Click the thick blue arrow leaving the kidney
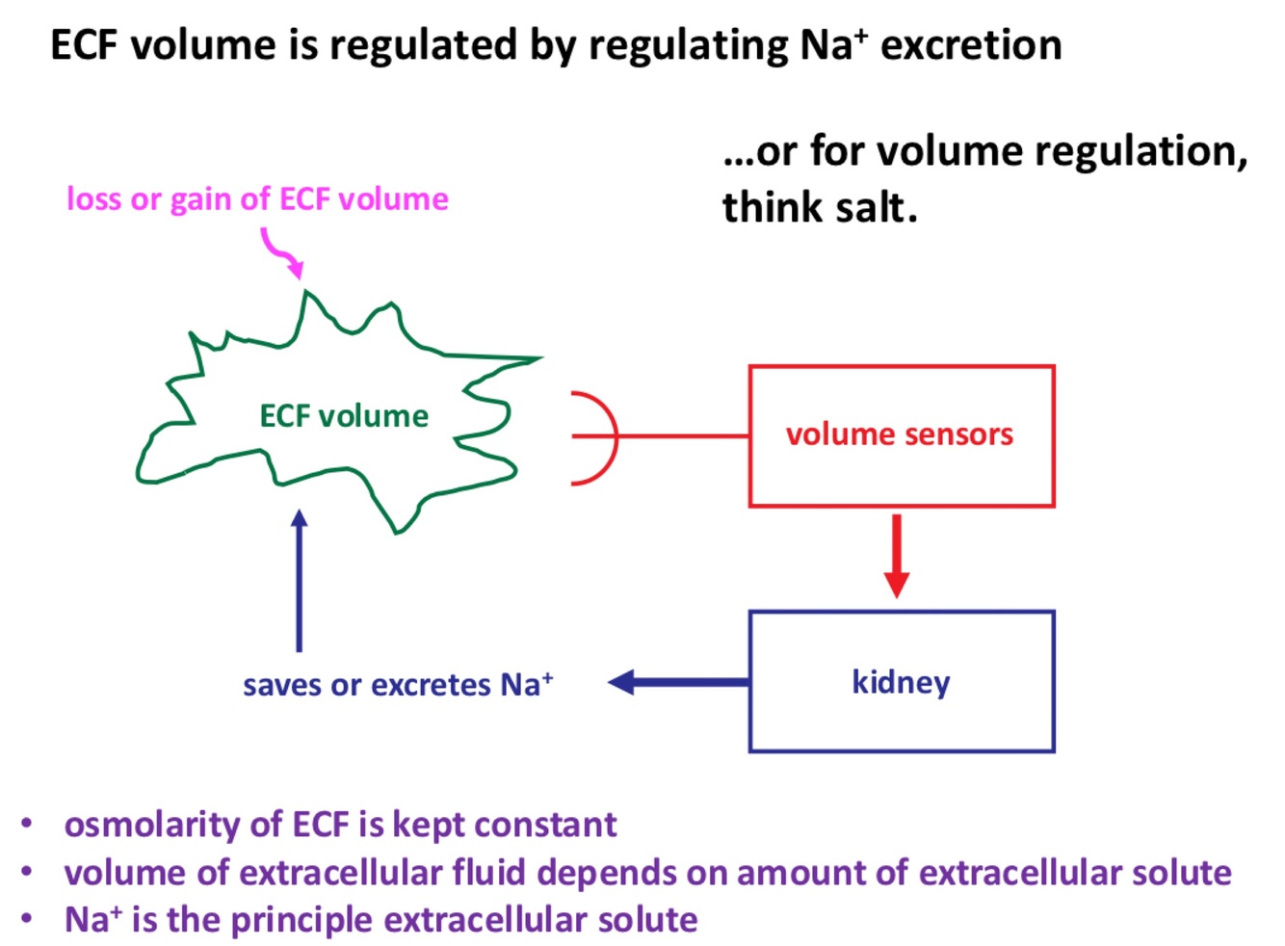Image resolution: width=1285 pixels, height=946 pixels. (679, 683)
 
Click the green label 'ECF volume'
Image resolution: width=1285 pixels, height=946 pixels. (344, 416)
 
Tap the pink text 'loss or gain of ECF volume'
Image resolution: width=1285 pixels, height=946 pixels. (257, 199)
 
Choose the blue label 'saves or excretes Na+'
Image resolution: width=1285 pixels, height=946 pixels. (397, 685)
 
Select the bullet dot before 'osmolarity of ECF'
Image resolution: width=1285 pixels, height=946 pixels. (28, 824)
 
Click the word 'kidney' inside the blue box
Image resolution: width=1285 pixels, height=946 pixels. (901, 682)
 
